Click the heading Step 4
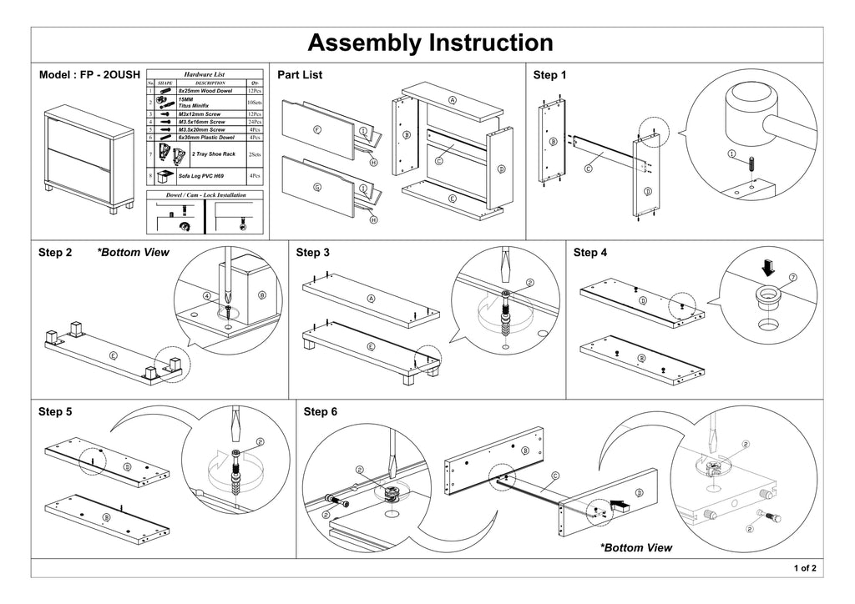[591, 252]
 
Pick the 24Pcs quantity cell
[255, 122]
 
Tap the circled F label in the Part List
[317, 130]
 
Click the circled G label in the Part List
[317, 188]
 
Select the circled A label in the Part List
[453, 100]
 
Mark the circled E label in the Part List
[452, 199]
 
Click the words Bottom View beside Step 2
[134, 252]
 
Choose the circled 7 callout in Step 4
[793, 277]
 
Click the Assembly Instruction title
[430, 43]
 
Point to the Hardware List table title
[205, 75]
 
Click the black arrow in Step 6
[622, 504]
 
